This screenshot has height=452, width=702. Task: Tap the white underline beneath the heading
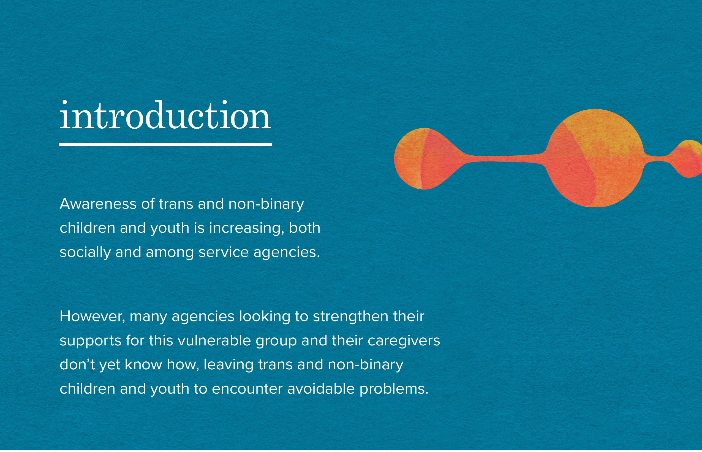pos(165,144)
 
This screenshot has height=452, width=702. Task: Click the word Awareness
pos(98,204)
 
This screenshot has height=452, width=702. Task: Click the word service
pos(224,252)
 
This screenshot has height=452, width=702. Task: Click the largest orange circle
pos(595,158)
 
